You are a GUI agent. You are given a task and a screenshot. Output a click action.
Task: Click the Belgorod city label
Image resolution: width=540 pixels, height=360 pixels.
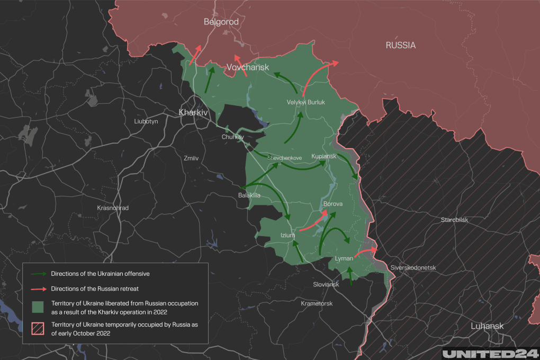click(x=221, y=22)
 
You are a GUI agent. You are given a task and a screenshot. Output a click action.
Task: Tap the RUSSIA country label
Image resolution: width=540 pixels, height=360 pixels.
click(x=401, y=46)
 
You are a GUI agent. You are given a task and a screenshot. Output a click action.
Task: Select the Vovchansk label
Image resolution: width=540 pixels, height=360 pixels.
click(x=248, y=68)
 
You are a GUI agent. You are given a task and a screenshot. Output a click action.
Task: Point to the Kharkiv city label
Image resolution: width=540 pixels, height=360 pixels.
click(x=194, y=113)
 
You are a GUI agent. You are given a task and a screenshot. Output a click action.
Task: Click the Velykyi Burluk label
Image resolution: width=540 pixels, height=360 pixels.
click(x=305, y=102)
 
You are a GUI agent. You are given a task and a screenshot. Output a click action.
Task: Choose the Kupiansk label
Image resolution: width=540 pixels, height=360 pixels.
click(x=324, y=156)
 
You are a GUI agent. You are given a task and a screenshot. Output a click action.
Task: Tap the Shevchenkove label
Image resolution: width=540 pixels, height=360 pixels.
click(x=284, y=158)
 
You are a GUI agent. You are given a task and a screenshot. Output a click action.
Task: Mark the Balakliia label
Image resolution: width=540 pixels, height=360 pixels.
click(x=249, y=195)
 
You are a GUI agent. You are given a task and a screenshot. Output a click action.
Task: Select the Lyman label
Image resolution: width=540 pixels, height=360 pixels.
click(x=344, y=258)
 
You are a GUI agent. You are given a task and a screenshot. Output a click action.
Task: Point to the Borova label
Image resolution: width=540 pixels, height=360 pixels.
click(x=333, y=204)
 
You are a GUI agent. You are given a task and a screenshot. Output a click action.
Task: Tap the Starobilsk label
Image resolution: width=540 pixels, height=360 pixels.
click(x=455, y=220)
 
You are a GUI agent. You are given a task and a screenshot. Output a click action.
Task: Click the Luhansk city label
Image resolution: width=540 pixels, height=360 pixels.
click(x=488, y=326)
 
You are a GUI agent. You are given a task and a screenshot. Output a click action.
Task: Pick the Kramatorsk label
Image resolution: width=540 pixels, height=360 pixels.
click(x=317, y=303)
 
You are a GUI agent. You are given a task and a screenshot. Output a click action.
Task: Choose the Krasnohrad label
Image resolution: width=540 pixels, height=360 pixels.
click(x=113, y=208)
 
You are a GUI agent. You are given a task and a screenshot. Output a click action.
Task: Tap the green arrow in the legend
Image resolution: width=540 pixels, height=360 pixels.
click(x=39, y=274)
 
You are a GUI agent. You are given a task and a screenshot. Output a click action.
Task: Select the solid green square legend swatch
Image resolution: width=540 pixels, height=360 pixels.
click(x=38, y=307)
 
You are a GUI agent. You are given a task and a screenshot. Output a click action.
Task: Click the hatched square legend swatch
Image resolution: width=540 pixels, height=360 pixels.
click(x=38, y=328)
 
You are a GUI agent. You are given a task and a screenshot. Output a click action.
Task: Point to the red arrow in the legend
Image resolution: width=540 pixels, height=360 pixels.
click(x=39, y=289)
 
